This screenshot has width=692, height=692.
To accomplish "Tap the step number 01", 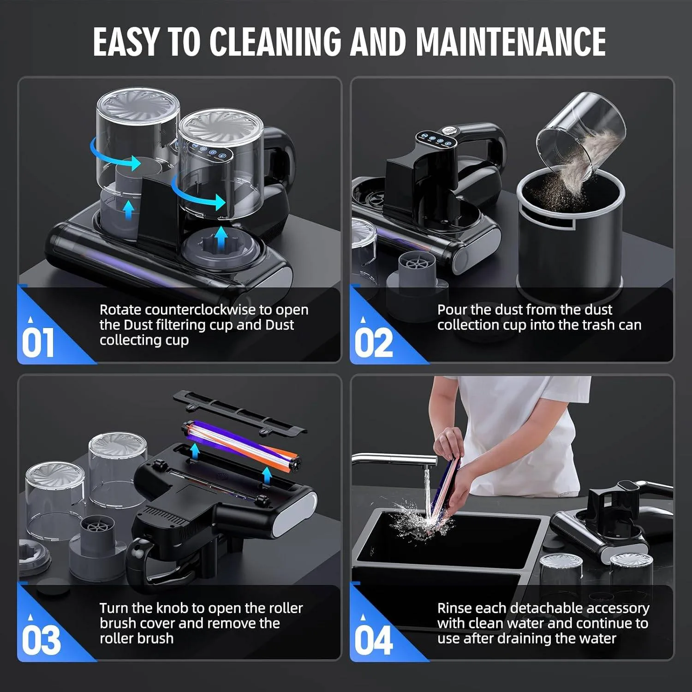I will pyautogui.click(x=38, y=342).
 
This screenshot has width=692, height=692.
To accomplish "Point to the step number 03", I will pyautogui.click(x=41, y=640).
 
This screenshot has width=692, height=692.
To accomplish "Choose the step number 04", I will pyautogui.click(x=374, y=640).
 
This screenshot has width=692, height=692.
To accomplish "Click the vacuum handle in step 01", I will pyautogui.click(x=279, y=155).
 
